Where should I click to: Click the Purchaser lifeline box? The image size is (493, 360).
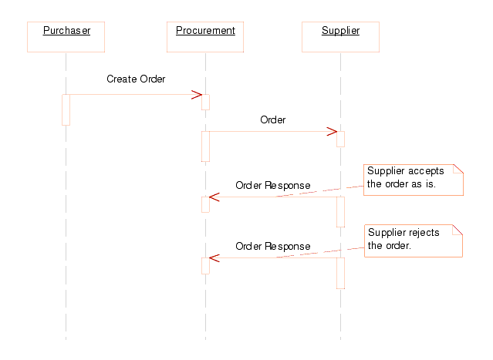point(66,36)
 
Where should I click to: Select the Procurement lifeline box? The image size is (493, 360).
point(205,36)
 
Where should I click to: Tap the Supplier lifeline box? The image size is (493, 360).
point(340,36)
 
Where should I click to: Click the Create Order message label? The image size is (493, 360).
point(136,79)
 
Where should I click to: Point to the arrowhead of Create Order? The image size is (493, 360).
point(197,95)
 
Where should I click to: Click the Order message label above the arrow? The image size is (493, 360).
point(272,119)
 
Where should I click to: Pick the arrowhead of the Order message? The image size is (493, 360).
point(332,131)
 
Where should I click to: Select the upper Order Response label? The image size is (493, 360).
point(272,185)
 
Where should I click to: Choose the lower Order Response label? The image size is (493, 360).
point(272,246)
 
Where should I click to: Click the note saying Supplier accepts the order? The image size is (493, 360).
point(412,179)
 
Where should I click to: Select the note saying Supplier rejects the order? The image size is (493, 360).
point(412,241)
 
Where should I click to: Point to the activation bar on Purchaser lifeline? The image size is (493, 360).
point(66,109)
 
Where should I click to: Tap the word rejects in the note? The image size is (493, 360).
point(427,232)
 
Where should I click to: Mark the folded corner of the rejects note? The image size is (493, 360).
point(458,229)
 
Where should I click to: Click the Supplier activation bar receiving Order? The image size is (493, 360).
point(340,139)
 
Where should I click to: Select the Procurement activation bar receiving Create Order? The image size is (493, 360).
point(205,102)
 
